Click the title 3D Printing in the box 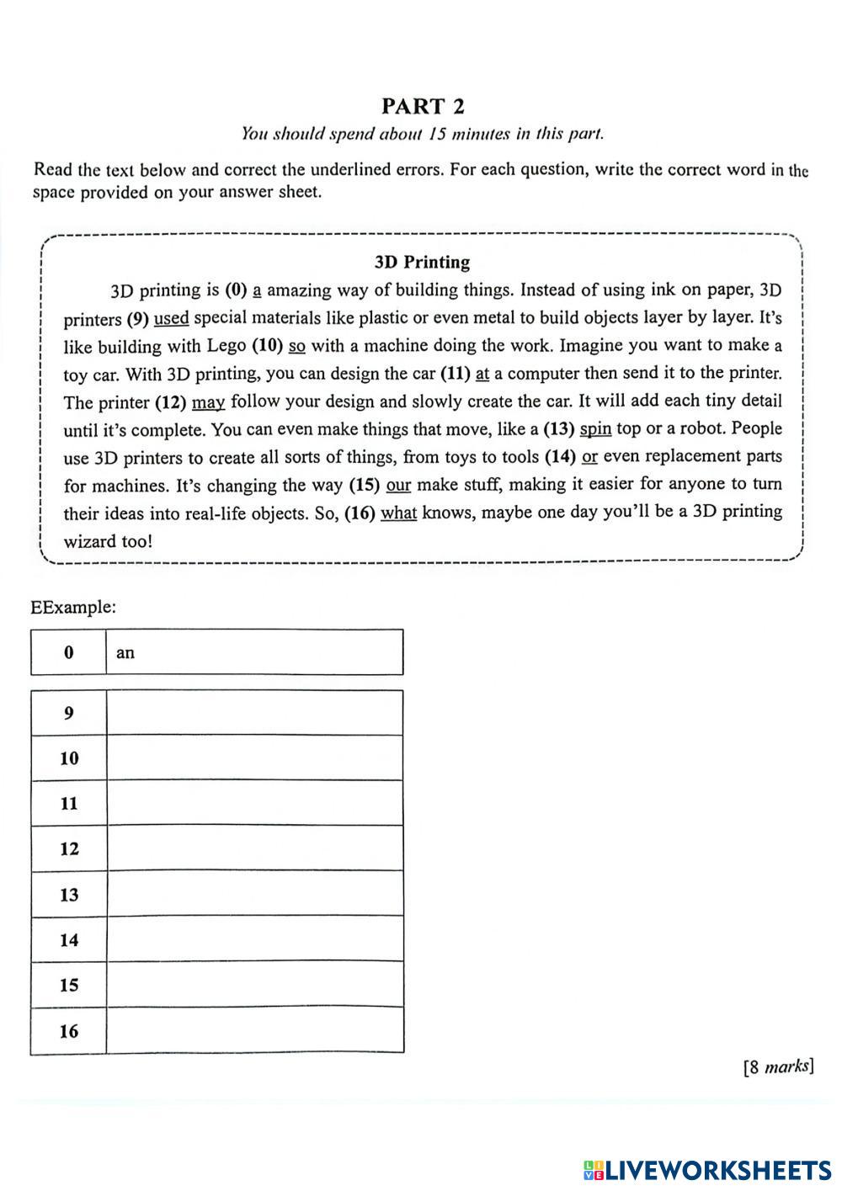(x=422, y=262)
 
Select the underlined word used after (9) (x=171, y=318)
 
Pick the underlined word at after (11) (x=482, y=373)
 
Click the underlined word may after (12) (x=209, y=401)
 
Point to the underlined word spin (x=595, y=428)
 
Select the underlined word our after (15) (x=398, y=485)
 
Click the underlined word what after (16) (x=398, y=513)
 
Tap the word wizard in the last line (x=90, y=541)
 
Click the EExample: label (x=73, y=607)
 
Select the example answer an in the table (x=125, y=652)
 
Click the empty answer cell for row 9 (x=254, y=713)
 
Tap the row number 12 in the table (x=69, y=848)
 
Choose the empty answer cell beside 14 (x=254, y=939)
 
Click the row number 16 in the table (x=69, y=1030)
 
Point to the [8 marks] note (x=778, y=1067)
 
